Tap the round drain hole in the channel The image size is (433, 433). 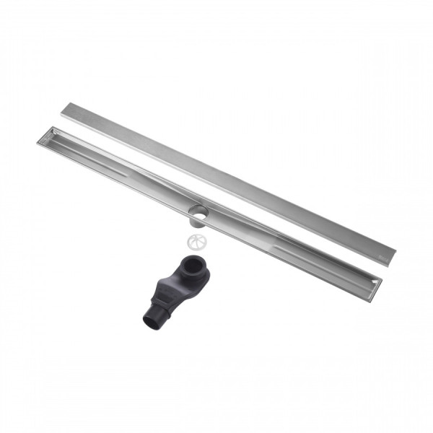(198, 211)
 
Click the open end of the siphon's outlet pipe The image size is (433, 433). (151, 322)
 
